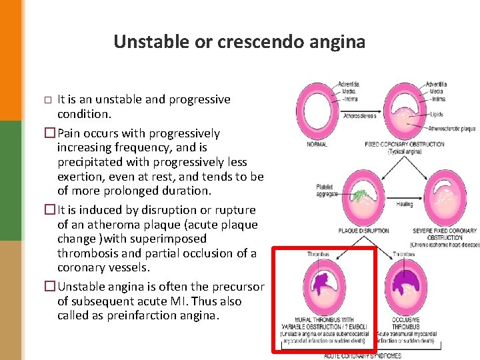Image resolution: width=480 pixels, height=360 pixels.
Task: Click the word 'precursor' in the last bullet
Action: pyautogui.click(x=236, y=287)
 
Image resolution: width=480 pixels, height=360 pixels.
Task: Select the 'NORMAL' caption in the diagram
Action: pyautogui.click(x=317, y=144)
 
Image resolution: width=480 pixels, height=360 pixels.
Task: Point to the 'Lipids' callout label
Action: pyautogui.click(x=436, y=114)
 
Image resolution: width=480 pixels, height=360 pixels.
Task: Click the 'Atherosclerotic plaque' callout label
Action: pyautogui.click(x=451, y=129)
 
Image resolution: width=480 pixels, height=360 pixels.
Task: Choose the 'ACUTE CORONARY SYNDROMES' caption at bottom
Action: pyautogui.click(x=363, y=355)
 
